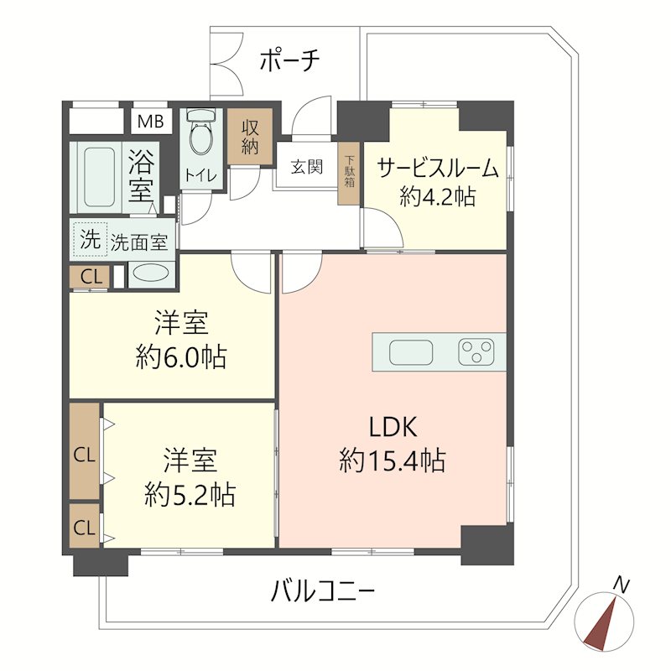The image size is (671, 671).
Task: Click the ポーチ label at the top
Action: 289,60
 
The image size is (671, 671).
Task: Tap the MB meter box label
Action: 150,121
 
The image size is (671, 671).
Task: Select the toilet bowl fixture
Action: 200,134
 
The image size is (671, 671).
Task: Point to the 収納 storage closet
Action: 250,136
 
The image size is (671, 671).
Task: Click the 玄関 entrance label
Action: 307,166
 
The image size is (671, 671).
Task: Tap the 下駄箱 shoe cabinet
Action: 350,176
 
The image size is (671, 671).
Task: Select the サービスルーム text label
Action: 438,168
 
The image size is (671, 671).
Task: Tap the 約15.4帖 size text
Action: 393,460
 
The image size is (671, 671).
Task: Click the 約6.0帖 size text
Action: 180,358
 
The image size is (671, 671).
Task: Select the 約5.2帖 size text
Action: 189,495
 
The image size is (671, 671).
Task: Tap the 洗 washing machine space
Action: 89,239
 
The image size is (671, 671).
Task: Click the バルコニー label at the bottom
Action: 323,593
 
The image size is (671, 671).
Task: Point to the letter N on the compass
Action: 622,582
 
